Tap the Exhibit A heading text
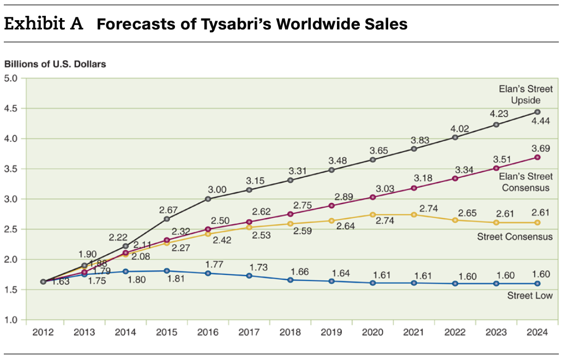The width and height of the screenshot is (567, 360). [x=44, y=24]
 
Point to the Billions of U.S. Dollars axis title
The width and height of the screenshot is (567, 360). [x=55, y=64]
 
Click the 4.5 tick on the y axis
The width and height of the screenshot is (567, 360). [x=11, y=109]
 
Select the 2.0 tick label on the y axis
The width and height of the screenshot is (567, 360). [x=11, y=259]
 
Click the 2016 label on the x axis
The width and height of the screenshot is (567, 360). [x=208, y=333]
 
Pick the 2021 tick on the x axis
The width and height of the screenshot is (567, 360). [x=414, y=333]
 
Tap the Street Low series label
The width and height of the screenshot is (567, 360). [x=529, y=296]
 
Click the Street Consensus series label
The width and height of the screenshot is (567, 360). [x=515, y=236]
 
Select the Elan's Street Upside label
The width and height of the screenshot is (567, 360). [x=526, y=94]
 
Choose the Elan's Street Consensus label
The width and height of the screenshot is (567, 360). [x=526, y=182]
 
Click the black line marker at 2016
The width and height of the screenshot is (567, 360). [x=208, y=199]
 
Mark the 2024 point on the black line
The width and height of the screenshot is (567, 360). [x=538, y=112]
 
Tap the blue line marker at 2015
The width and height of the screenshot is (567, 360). [x=167, y=271]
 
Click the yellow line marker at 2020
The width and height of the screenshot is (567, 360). [x=373, y=214]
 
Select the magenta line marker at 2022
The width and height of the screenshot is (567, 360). [x=455, y=178]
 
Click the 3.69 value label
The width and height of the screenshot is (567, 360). [x=540, y=148]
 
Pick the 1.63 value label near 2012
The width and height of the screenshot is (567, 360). [x=60, y=282]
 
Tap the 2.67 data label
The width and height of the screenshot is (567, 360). [x=168, y=209]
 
